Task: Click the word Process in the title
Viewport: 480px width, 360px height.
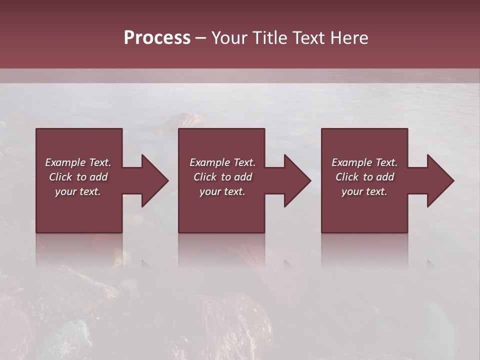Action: click(157, 37)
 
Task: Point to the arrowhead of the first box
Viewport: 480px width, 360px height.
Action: click(155, 180)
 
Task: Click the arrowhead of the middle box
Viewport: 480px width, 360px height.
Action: click(297, 180)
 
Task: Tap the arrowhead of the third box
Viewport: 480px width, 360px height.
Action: click(440, 180)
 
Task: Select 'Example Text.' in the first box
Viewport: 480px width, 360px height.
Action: click(78, 162)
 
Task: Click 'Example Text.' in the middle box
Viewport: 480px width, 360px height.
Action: click(222, 162)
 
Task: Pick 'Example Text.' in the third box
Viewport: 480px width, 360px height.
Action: click(364, 162)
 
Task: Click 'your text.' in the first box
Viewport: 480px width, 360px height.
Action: click(78, 191)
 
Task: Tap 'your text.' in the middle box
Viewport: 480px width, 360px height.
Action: click(222, 191)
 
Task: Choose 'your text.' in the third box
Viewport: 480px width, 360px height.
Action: click(364, 191)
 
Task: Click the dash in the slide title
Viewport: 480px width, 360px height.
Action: click(200, 38)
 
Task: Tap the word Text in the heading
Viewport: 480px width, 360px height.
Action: click(307, 37)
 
